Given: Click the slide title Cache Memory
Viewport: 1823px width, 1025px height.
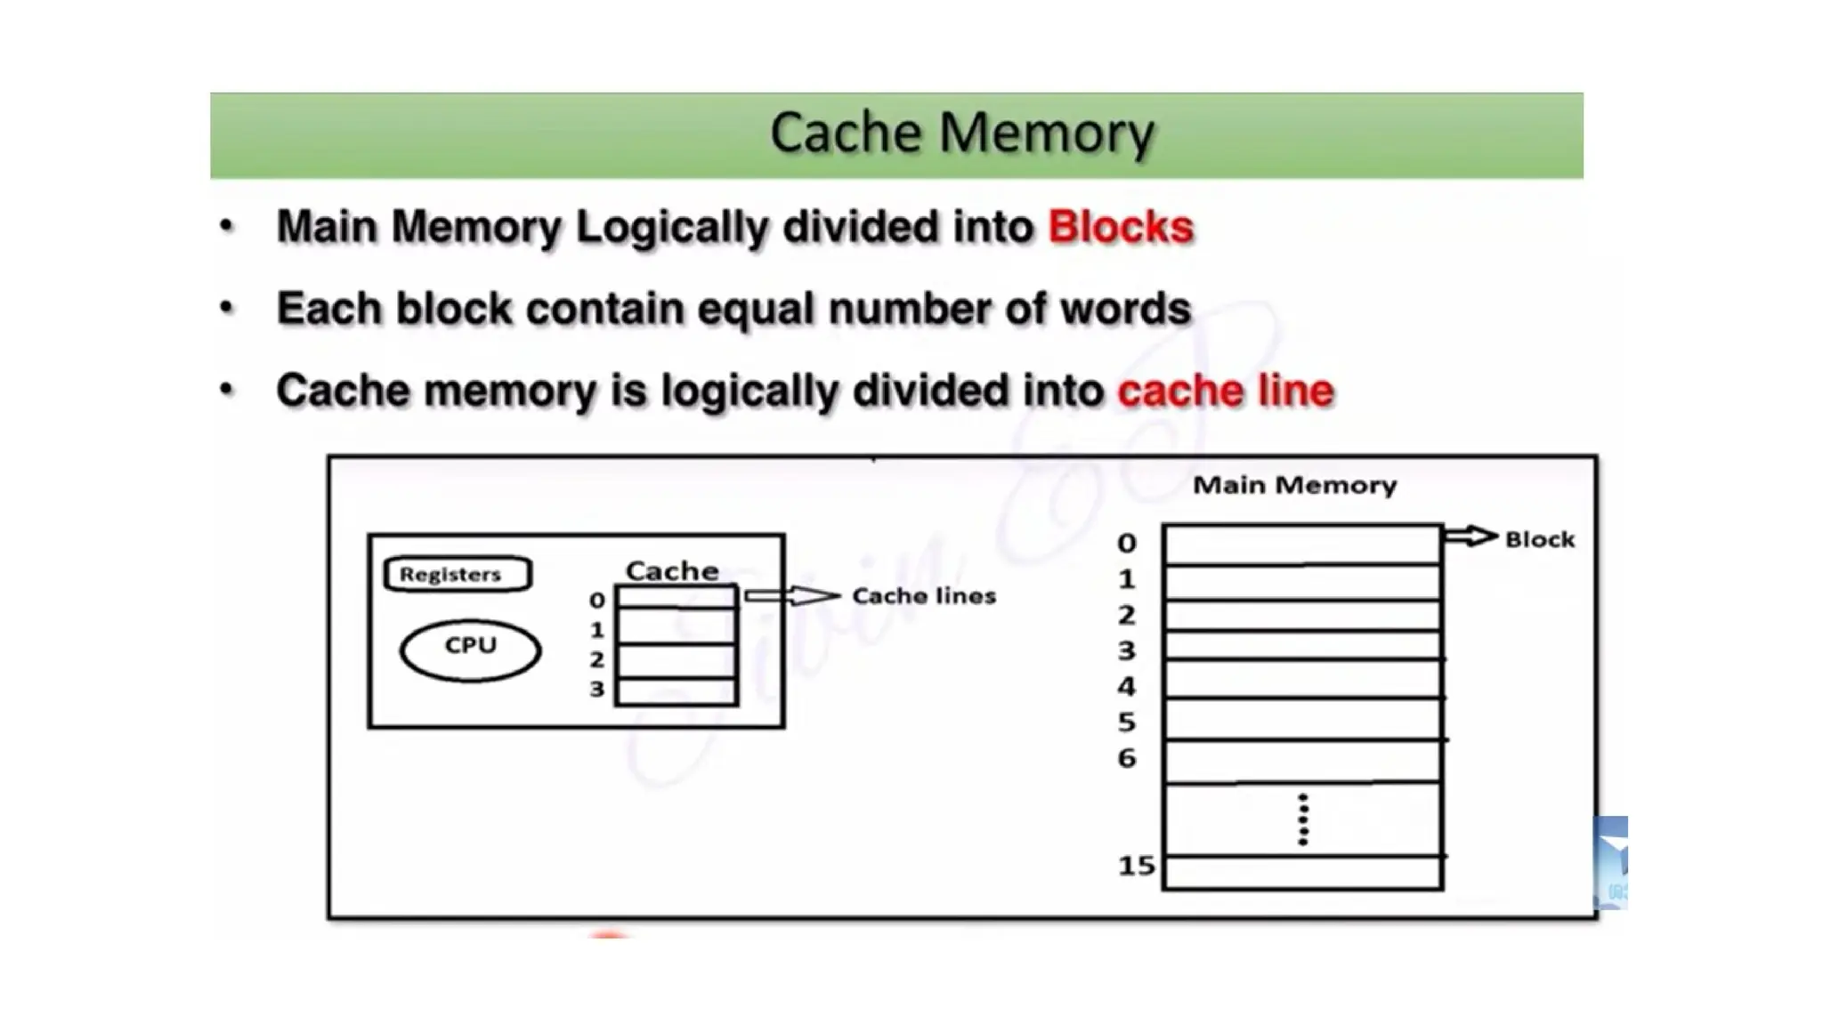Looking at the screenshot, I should (961, 133).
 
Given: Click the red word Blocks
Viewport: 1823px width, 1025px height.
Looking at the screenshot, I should (1120, 227).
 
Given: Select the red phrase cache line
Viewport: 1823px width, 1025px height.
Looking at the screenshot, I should (1225, 391).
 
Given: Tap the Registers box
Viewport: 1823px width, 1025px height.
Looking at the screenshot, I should (458, 574).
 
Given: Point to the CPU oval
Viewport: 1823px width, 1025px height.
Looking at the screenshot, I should (470, 650).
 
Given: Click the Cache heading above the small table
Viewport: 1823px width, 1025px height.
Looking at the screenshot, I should (672, 570).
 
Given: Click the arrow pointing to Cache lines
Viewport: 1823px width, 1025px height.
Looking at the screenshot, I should (791, 595).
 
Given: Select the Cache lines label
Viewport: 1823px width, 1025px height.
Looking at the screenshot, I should (923, 595).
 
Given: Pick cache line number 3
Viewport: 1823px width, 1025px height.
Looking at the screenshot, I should (677, 691).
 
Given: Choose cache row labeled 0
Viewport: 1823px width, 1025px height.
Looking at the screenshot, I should (677, 598).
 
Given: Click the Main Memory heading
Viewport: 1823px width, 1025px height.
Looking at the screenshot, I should (1294, 485).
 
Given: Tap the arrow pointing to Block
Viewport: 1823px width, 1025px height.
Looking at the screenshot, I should (1470, 536).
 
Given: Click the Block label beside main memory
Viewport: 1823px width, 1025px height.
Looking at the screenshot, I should (1539, 539).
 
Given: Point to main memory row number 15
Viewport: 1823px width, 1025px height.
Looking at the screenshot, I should (1302, 872).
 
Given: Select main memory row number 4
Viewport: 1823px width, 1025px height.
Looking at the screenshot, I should (1302, 681).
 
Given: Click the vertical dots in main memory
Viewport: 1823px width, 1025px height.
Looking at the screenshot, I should (1303, 819).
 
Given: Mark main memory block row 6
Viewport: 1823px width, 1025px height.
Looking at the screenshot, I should (1302, 762).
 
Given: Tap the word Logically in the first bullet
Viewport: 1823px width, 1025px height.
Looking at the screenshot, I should (672, 227).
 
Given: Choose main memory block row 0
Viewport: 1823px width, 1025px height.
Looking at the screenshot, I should (1302, 545).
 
